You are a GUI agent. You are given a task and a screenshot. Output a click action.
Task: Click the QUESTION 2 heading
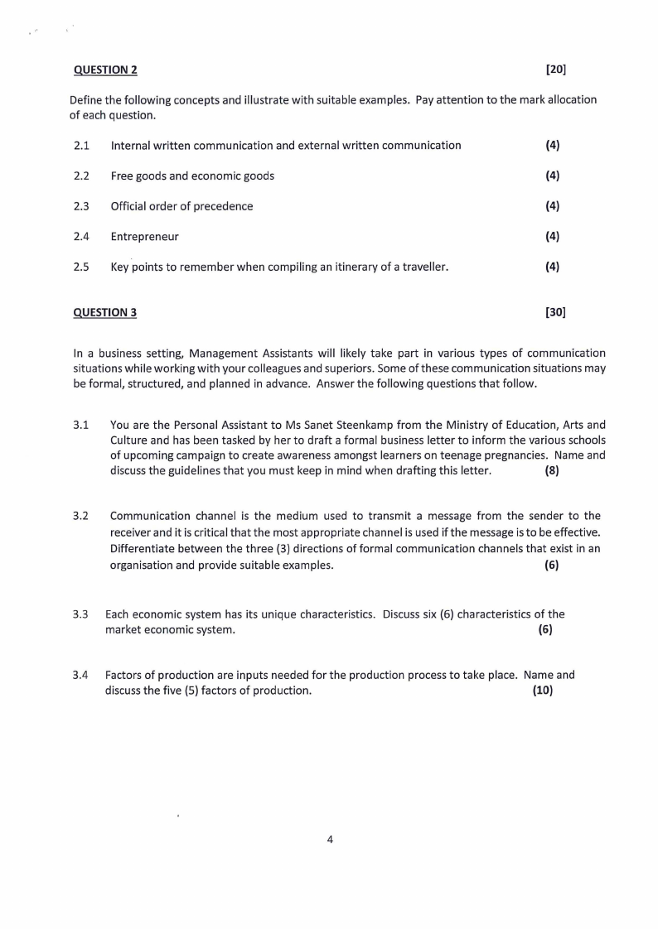tap(105, 70)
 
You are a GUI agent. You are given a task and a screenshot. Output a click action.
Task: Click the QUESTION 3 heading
tap(105, 312)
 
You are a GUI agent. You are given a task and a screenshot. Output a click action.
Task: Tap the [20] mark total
tap(556, 70)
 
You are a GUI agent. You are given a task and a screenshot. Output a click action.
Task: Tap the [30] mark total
tap(555, 312)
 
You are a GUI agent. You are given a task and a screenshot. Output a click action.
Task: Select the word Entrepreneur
tap(144, 237)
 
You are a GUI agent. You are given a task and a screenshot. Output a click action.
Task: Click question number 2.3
tap(81, 206)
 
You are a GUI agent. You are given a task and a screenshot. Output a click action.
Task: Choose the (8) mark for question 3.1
tap(552, 471)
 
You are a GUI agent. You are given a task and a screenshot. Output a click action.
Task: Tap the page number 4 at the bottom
tap(330, 840)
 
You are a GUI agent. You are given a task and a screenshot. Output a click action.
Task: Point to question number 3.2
tap(81, 517)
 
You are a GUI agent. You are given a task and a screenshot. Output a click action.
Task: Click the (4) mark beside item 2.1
tap(552, 146)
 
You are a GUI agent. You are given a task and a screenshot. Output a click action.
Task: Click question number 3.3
tap(81, 614)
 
